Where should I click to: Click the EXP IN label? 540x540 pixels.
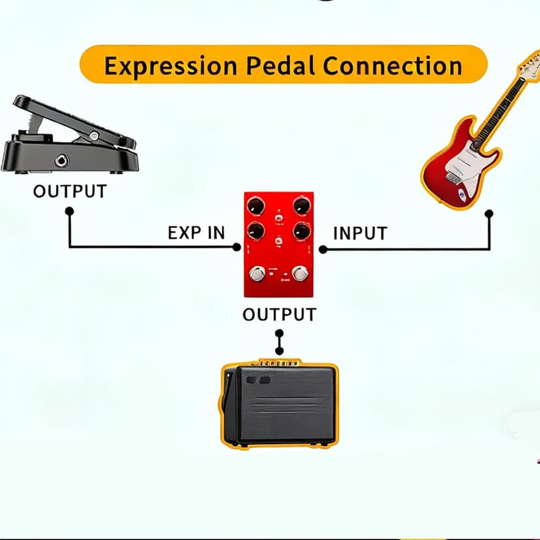[196, 233]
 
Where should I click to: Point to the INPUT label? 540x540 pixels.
[360, 233]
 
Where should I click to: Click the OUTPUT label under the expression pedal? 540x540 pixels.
[70, 192]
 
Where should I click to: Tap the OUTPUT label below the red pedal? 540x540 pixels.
[279, 314]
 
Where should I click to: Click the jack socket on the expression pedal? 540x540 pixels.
[62, 160]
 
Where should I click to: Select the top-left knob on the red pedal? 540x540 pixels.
[257, 206]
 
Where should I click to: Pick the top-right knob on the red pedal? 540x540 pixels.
[301, 206]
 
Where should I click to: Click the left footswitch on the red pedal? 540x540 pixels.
[258, 273]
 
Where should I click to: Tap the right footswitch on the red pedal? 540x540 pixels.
[300, 273]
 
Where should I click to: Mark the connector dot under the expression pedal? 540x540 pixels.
[69, 211]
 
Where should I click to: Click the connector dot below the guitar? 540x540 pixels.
[489, 213]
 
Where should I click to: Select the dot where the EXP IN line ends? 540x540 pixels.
[237, 247]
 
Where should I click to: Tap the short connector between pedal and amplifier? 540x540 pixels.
[280, 341]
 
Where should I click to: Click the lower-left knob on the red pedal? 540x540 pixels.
[257, 230]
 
